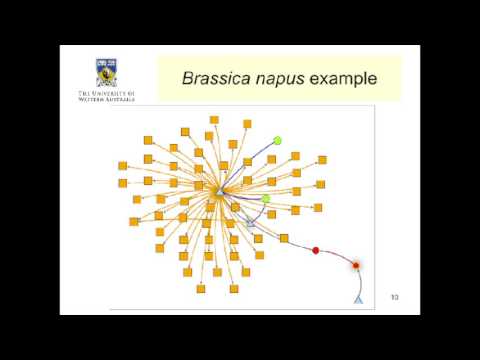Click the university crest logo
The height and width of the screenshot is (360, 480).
105,72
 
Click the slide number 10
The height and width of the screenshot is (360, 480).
394,297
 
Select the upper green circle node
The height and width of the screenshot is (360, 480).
277,141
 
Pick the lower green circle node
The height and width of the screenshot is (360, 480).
266,199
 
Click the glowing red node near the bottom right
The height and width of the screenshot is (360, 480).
355,265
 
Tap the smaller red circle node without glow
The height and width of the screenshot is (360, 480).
316,250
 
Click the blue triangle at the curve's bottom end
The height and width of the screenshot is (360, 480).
358,299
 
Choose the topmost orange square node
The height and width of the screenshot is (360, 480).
213,120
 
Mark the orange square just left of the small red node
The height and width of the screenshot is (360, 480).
284,238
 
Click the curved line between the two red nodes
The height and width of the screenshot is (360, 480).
336,254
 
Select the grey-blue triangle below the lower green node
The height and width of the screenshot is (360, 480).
251,224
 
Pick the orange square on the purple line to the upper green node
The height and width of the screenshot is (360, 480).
247,162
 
